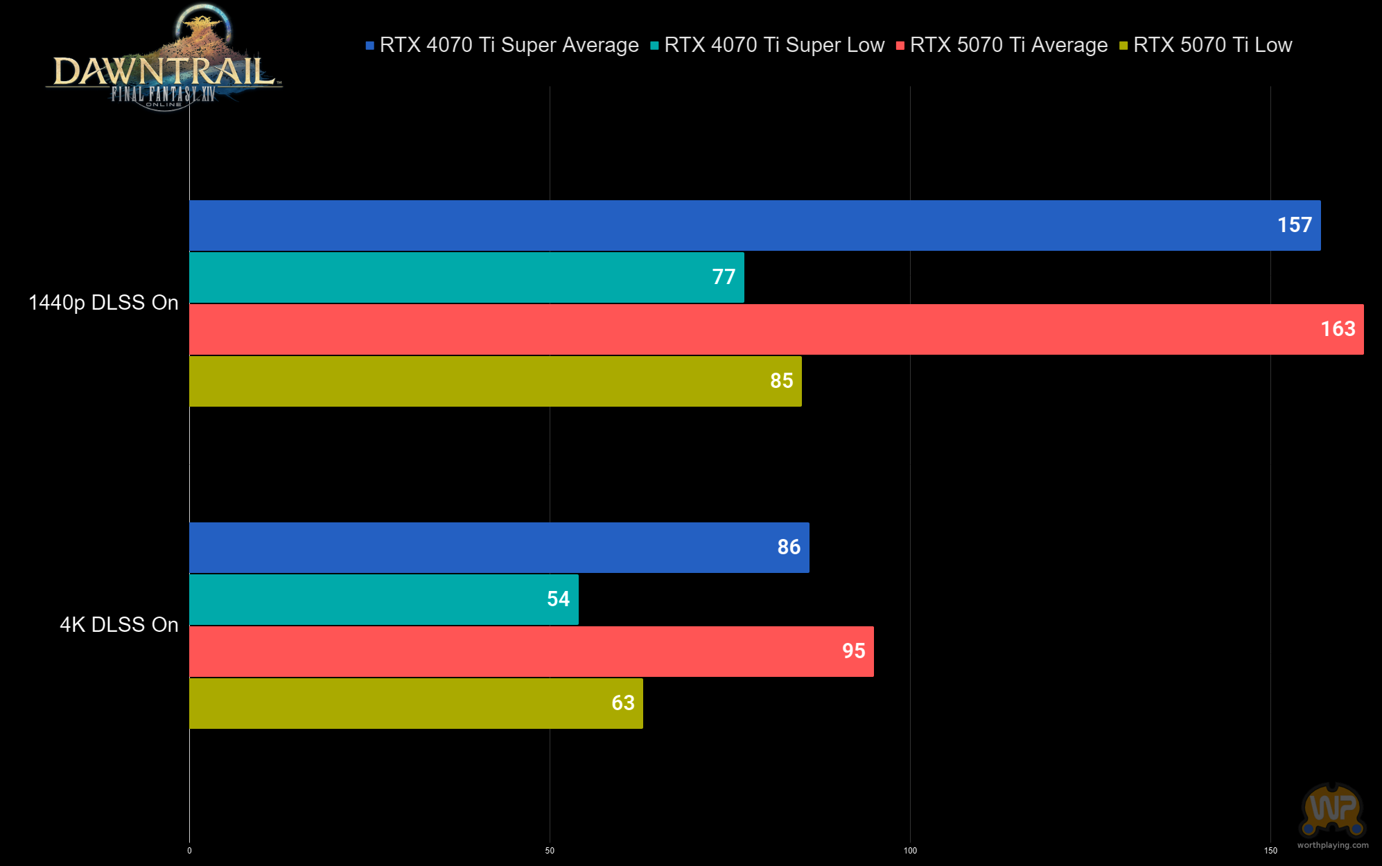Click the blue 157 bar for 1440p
coord(755,226)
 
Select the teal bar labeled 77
coord(466,277)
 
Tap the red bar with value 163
coord(776,330)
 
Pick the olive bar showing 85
coord(496,381)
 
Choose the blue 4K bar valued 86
coord(499,547)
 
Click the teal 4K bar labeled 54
coord(384,599)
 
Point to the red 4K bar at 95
coord(532,651)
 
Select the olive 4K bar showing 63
coord(416,703)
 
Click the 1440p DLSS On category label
coord(103,303)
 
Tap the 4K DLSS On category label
coord(119,625)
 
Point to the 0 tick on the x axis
coord(189,851)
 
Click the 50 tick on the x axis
coord(550,851)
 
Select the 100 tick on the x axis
coord(910,851)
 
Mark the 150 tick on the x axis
coord(1270,851)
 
